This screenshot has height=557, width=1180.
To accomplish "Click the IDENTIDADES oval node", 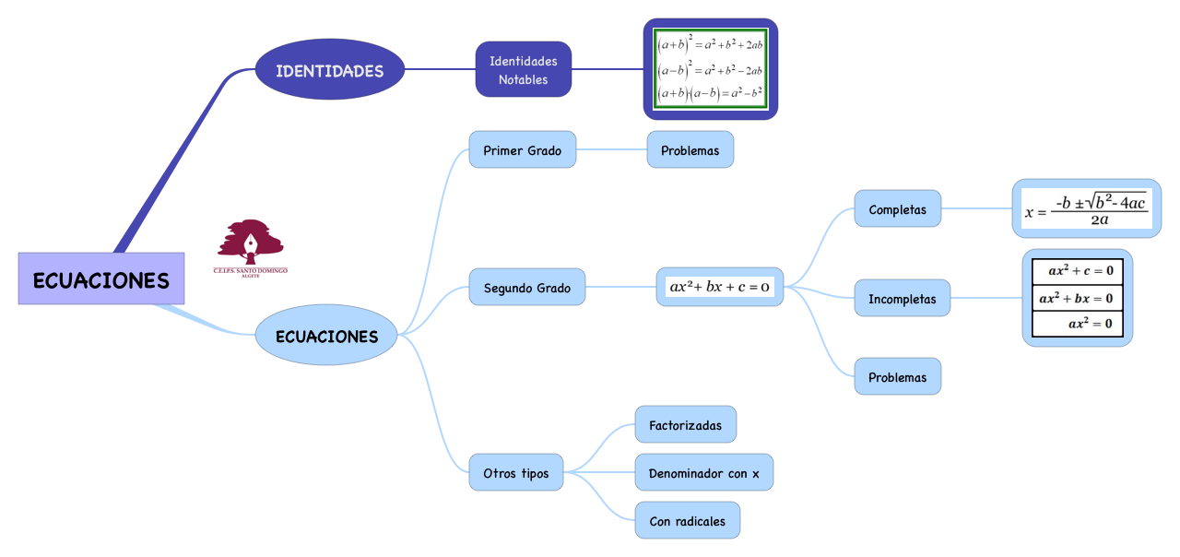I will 329,70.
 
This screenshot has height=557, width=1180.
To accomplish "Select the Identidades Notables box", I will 524,70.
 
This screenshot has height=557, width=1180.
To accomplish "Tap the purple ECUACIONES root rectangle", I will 101,279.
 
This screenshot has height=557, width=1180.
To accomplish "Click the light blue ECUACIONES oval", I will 326,336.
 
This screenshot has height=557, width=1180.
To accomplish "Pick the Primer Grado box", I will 522,150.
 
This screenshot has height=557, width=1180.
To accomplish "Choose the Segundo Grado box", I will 526,288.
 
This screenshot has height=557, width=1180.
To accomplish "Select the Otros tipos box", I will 515,473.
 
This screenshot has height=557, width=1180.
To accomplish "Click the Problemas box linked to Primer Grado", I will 690,150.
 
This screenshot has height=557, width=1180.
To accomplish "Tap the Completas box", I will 897,209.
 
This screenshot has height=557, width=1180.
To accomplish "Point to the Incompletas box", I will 902,299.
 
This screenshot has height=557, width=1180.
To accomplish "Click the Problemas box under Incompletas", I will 897,377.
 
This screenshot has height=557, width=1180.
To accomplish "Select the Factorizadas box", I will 685,425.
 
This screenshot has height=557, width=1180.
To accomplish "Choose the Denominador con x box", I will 703,473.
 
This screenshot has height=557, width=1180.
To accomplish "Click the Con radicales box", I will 687,521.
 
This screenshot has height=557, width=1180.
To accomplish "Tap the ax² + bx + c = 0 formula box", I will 720,287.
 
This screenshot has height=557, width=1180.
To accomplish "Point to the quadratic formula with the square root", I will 1087,208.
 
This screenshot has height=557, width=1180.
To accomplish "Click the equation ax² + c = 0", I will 1078,271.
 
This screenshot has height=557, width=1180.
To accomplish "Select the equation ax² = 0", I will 1078,324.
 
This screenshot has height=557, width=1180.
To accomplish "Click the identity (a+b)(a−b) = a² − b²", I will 710,93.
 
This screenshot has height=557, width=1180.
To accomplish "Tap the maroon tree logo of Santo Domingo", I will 250,243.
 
